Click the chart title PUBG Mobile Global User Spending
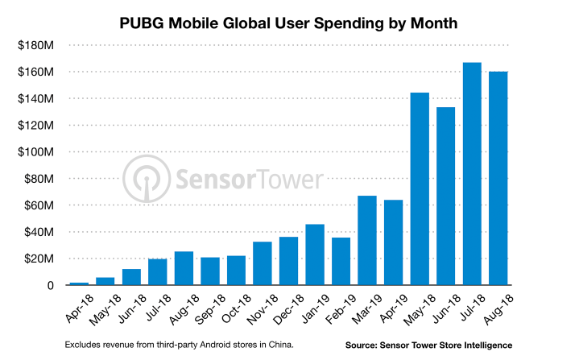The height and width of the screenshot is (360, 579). pyautogui.click(x=289, y=23)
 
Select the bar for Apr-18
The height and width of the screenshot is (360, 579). pyautogui.click(x=79, y=283)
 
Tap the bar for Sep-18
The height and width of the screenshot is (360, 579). pyautogui.click(x=210, y=271)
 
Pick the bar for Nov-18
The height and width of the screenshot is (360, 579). pyautogui.click(x=263, y=263)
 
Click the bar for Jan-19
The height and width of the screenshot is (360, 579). pyautogui.click(x=315, y=254)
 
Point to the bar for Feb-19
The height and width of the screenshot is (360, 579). pyautogui.click(x=341, y=261)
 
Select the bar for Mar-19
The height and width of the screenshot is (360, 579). pyautogui.click(x=367, y=240)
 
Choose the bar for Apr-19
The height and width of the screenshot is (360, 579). pyautogui.click(x=393, y=242)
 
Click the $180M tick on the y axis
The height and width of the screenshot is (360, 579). pyautogui.click(x=35, y=46)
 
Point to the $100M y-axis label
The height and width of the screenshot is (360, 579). pyautogui.click(x=35, y=152)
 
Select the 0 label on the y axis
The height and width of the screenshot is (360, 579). pyautogui.click(x=50, y=285)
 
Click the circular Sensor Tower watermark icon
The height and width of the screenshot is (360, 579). pyautogui.click(x=147, y=179)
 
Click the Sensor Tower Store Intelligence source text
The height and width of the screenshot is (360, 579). pyautogui.click(x=428, y=345)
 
